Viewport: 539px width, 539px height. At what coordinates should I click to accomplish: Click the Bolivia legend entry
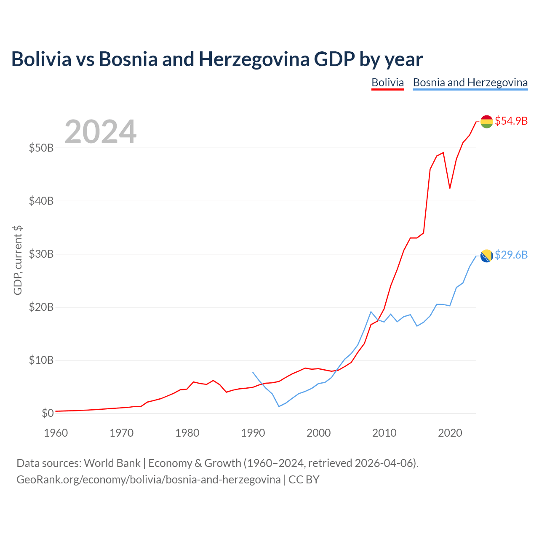387,83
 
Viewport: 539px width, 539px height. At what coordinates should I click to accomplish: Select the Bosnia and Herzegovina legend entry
470,83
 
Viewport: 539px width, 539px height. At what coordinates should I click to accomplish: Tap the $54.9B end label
511,121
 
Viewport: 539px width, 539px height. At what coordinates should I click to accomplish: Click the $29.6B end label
511,255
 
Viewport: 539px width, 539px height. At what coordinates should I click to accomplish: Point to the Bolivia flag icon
486,122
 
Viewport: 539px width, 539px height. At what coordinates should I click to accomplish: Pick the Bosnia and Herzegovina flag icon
486,256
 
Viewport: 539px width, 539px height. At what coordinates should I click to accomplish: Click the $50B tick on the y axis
41,148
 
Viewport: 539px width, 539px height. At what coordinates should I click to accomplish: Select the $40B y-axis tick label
41,201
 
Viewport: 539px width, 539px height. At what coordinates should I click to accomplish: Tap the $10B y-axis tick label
41,360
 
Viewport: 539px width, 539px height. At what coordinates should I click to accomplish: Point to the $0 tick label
48,413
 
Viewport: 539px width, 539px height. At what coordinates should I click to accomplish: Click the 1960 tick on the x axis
56,433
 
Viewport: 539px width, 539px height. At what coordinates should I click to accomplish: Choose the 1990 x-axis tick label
253,433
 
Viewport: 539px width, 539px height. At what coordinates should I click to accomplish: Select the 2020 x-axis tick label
450,433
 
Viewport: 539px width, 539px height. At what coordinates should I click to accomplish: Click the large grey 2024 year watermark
101,131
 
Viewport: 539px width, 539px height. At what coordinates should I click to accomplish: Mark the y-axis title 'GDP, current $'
17,260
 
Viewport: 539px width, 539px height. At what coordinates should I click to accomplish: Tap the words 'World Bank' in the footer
112,463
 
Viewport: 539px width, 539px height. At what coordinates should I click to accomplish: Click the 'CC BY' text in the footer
304,480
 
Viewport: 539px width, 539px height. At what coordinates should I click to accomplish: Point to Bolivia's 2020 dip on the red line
450,188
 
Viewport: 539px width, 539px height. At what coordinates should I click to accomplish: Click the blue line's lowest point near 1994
279,406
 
